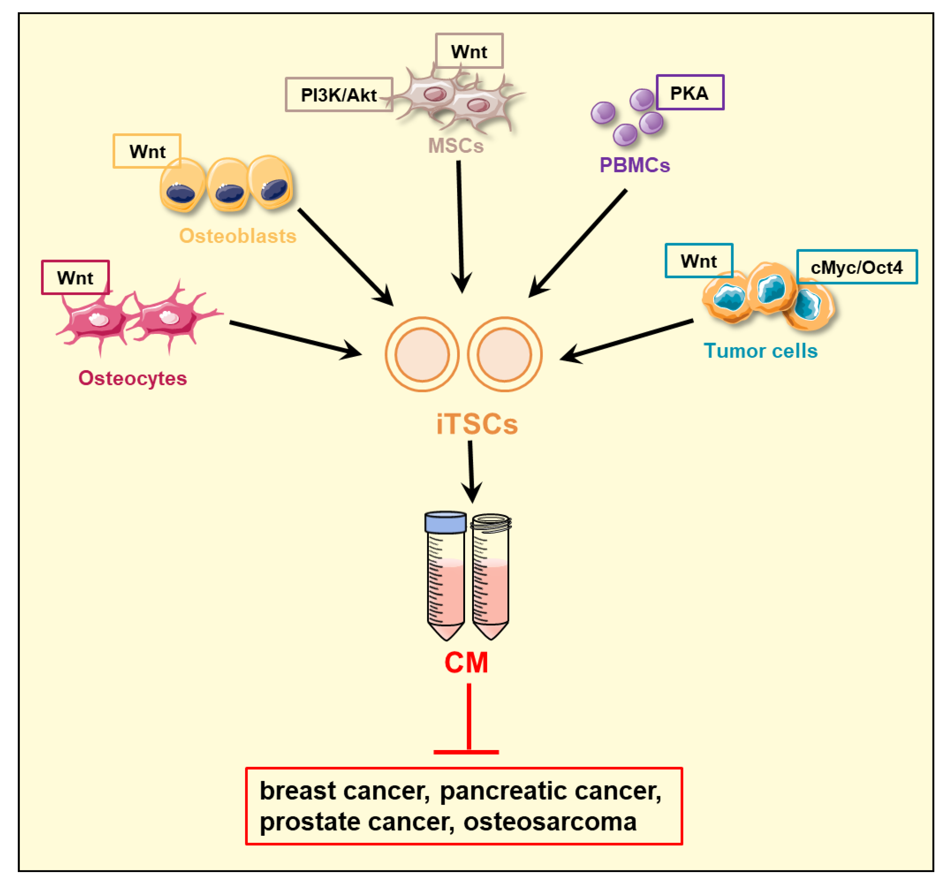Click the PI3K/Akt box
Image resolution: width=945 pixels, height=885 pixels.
coord(339,94)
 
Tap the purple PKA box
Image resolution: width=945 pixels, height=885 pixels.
coord(689,93)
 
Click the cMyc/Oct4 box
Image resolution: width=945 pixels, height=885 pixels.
coord(857,267)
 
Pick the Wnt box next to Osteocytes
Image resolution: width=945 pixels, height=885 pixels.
coord(75,278)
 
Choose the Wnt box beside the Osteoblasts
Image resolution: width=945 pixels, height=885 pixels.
coord(147,151)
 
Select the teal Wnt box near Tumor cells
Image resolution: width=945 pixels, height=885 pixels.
coord(698,260)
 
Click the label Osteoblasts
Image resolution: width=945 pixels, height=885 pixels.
coord(238,236)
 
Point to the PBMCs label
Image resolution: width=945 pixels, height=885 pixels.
coord(635,165)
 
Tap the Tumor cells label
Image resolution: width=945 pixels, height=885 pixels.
coord(760,351)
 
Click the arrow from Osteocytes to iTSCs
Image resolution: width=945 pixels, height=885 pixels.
coord(295,338)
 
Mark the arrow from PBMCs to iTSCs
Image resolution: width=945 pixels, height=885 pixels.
coord(578,243)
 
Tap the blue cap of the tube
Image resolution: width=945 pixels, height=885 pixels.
coord(445,522)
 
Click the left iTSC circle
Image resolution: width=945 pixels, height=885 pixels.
coord(422,354)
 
